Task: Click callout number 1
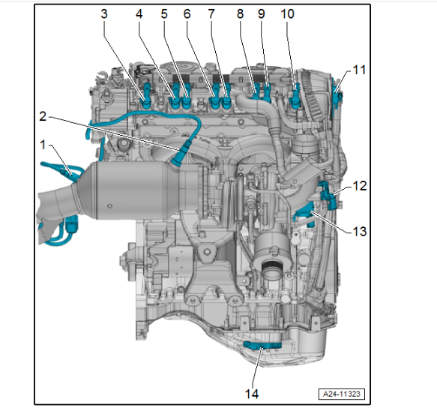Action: pos(43,145)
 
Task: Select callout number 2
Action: pos(43,116)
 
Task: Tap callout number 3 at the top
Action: pos(104,14)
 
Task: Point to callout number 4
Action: pos(139,14)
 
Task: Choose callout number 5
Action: pos(164,14)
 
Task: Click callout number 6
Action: pos(187,14)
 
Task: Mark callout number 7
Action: pos(211,14)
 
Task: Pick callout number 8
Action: pos(241,14)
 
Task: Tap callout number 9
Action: pos(261,14)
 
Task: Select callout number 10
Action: pos(287,14)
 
